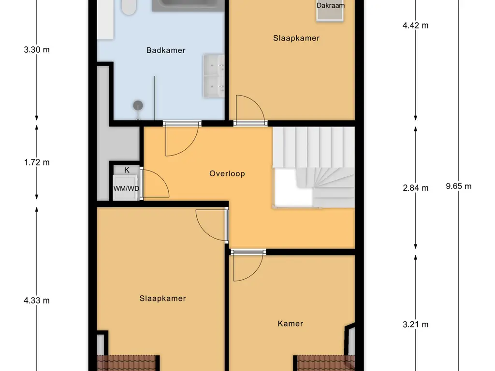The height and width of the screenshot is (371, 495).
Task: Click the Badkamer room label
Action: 166,50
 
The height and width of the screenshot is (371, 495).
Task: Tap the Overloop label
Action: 227,173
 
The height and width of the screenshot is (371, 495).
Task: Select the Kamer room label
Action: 290,324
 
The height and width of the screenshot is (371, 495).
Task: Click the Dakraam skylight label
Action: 330,6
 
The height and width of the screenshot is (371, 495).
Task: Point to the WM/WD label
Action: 126,188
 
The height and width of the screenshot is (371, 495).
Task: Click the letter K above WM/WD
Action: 127,170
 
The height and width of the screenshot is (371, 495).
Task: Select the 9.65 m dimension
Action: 459,186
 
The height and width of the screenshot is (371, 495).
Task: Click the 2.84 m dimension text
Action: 416,188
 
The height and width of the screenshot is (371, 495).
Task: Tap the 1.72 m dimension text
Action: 37,162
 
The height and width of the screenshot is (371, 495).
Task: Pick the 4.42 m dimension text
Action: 416,26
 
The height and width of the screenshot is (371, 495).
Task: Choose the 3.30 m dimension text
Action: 37,49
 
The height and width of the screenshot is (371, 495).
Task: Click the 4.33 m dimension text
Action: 37,300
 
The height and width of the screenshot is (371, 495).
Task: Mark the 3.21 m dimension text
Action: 416,325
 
